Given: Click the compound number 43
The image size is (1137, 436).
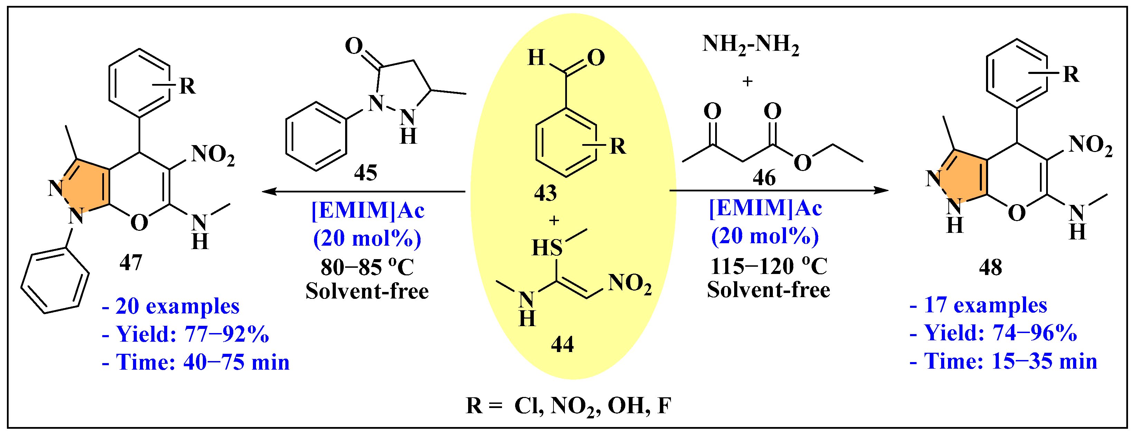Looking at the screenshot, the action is (545, 193).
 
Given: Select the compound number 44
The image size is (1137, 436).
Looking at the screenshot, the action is (562, 344).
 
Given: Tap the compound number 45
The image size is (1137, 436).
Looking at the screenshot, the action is (366, 172).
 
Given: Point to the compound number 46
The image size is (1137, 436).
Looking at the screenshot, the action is (764, 178).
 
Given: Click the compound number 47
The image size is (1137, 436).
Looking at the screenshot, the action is (131, 263).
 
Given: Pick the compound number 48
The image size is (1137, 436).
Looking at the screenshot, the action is (991, 267).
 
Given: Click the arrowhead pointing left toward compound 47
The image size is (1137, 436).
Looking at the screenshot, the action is (268, 191).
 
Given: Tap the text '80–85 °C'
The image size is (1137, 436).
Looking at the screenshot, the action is (367, 267).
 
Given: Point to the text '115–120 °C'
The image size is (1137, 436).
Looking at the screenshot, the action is (768, 266).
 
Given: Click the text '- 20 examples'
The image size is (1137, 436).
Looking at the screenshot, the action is (171, 306).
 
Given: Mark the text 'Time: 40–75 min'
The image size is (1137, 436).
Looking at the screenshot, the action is (202, 362).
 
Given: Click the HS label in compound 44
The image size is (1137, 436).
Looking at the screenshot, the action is (547, 248).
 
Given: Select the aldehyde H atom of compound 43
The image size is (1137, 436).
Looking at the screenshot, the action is (536, 57).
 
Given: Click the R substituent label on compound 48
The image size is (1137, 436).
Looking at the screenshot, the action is (1071, 74).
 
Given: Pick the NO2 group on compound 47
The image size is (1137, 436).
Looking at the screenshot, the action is (213, 155).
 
